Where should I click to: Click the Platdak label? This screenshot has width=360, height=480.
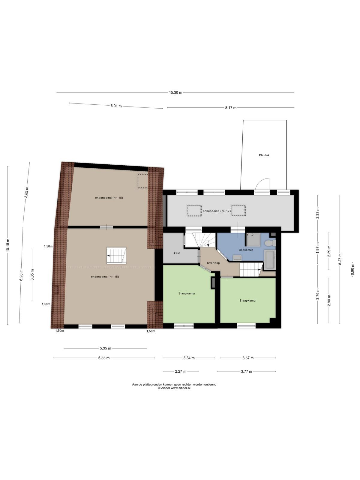pos(264,155)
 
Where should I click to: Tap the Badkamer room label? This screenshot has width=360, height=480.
pos(246,250)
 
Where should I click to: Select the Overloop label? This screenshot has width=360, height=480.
pos(213,263)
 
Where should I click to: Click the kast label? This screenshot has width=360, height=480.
pos(177,253)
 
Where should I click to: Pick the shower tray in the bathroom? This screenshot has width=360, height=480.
pos(254,240)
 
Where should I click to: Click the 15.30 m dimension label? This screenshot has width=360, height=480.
pos(175,92)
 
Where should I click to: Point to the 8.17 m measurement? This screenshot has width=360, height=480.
pos(231,108)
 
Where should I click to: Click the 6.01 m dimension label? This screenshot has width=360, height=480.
pos(116,106)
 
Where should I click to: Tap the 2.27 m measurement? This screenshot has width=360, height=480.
pos(181,371)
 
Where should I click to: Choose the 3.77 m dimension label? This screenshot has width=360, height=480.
pos(246,371)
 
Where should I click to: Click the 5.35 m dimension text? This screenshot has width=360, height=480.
pos(105,348)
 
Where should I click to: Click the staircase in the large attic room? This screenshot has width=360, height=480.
pos(116,256)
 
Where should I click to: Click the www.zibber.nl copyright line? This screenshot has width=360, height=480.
pos(174,388)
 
